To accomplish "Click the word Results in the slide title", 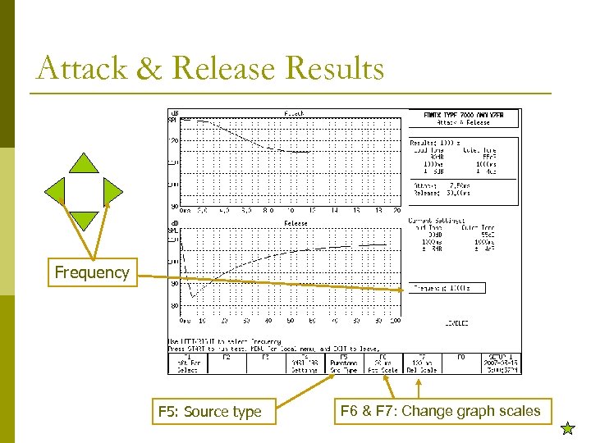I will click(x=332, y=68).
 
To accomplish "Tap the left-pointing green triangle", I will click(x=54, y=191).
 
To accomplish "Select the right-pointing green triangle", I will click(x=112, y=191).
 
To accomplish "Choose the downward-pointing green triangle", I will click(x=84, y=220).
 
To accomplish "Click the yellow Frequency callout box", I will click(x=91, y=272).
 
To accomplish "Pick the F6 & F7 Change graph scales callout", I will click(x=439, y=410).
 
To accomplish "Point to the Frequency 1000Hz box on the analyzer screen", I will click(x=448, y=288).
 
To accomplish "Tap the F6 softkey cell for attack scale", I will click(x=382, y=363).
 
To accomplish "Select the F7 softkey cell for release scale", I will click(x=422, y=363).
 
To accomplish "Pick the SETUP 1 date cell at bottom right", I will click(x=500, y=363).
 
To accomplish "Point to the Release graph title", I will click(x=295, y=223).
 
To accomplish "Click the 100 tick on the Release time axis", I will click(x=396, y=321).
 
